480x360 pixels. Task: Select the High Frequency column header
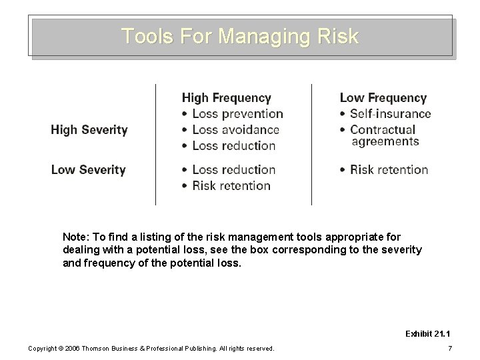(227, 98)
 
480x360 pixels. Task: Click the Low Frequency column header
(383, 98)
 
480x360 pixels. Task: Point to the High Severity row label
(89, 129)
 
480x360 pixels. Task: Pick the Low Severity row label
(88, 169)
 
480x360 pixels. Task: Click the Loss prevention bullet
(237, 114)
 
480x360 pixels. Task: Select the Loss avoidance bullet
(235, 130)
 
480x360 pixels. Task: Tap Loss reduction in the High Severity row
(233, 145)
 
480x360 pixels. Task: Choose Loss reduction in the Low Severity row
(233, 169)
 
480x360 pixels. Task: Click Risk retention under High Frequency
(231, 185)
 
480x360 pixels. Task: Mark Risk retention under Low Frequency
(389, 169)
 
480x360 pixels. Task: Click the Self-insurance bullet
(390, 114)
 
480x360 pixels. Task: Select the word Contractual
(382, 129)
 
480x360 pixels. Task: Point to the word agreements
(385, 141)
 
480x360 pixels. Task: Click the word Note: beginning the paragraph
(76, 237)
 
